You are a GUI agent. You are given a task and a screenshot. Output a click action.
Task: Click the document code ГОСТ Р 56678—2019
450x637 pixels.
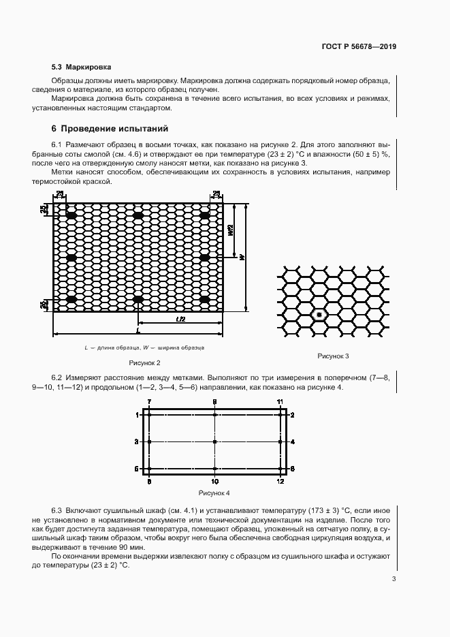click(358, 47)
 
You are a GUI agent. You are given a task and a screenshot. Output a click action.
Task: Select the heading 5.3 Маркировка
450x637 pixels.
click(82, 67)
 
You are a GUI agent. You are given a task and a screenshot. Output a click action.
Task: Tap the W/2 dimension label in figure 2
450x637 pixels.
click(231, 231)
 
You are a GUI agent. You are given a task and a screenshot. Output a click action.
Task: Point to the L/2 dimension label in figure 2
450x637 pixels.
click(180, 320)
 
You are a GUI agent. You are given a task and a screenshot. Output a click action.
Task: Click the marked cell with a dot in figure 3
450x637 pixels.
click(319, 315)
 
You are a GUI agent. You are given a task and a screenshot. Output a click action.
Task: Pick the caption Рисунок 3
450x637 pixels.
click(333, 356)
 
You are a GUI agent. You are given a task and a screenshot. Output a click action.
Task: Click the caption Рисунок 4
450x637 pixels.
click(214, 492)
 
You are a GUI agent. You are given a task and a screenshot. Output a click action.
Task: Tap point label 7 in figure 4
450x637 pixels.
click(149, 403)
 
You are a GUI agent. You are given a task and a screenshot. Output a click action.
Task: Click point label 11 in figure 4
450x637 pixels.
click(279, 403)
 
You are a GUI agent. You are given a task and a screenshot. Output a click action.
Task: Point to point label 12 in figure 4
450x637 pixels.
click(280, 482)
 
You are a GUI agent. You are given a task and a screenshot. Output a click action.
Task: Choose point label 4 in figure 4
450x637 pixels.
click(293, 442)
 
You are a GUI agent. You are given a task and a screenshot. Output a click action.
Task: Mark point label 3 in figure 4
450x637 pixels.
click(137, 442)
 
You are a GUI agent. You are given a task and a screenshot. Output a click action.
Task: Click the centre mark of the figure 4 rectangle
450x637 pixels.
click(214, 442)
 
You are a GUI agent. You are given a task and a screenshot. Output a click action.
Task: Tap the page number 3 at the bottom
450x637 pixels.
click(393, 580)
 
